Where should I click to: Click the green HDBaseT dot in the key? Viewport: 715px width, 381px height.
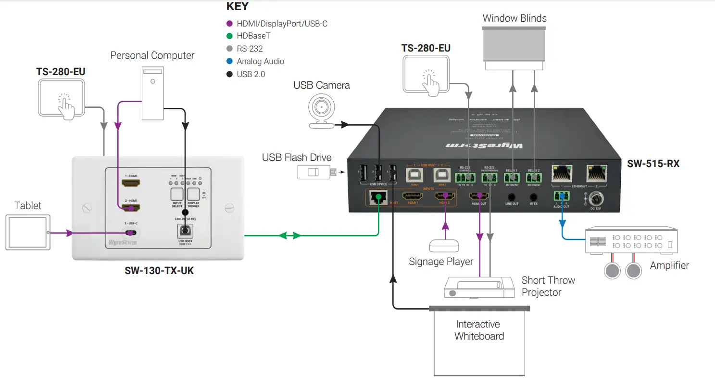click(x=229, y=36)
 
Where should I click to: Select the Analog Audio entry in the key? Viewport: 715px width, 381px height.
click(x=260, y=61)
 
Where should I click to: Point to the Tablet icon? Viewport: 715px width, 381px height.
click(x=27, y=232)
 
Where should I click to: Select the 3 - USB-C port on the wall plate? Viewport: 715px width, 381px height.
click(x=130, y=233)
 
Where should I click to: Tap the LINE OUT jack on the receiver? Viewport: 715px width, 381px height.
click(x=512, y=197)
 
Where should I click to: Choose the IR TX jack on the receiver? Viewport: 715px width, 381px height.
click(x=533, y=197)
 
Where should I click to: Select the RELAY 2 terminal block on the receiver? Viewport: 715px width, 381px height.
click(x=534, y=177)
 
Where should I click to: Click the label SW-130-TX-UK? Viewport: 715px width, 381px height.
click(x=159, y=271)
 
